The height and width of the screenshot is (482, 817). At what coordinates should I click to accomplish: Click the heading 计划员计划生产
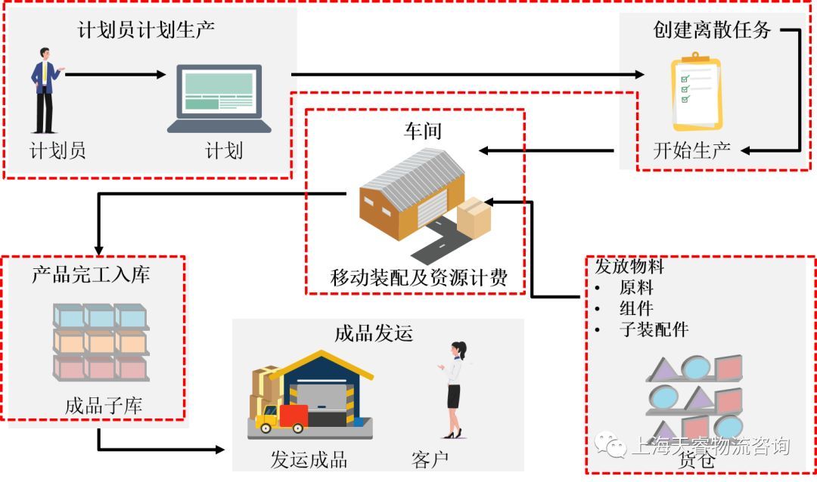(x=147, y=31)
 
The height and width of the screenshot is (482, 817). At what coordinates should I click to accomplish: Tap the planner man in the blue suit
(x=45, y=91)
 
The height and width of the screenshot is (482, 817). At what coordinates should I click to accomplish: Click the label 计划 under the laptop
(x=224, y=150)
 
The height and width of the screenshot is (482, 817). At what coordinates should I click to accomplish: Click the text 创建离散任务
(x=712, y=30)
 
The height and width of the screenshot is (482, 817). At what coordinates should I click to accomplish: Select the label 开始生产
(x=691, y=150)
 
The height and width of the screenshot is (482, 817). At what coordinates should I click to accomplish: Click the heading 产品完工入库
(x=91, y=273)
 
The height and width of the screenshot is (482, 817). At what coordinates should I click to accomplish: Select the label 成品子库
(x=104, y=406)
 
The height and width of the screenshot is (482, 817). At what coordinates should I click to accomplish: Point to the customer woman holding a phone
(x=455, y=389)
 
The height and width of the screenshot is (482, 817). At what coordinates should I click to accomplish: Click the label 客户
(x=430, y=459)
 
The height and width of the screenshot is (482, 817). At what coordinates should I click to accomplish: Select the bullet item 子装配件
(x=654, y=329)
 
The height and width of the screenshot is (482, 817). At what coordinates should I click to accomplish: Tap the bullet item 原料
(x=636, y=288)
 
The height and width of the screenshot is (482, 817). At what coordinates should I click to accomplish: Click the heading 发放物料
(x=629, y=267)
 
